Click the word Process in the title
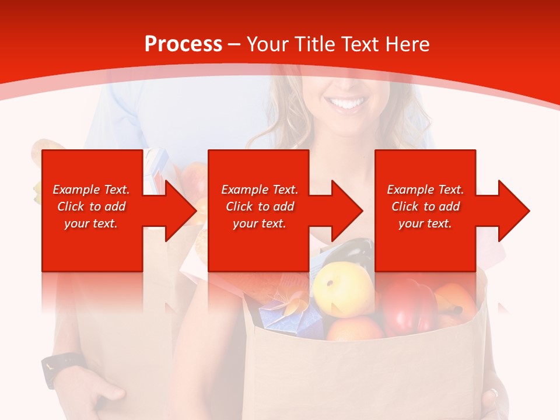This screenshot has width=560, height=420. (183, 44)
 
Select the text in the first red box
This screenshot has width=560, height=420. (91, 206)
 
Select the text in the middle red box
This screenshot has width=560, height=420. (259, 206)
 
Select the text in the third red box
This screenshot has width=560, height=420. (425, 206)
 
